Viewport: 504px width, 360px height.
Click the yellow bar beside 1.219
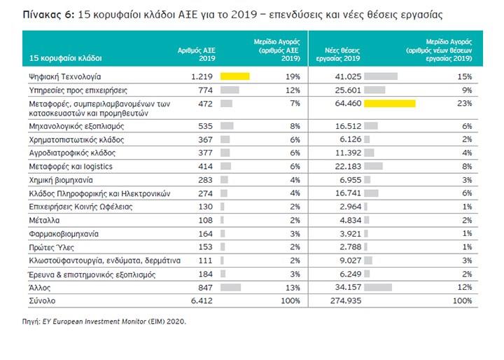point(234,76)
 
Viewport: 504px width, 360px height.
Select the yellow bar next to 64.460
point(390,103)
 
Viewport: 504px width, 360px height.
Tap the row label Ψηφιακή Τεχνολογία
point(65,76)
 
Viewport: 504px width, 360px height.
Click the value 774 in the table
point(205,90)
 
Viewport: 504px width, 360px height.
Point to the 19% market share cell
point(293,76)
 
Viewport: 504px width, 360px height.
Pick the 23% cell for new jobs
point(465,103)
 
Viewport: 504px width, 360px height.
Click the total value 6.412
point(202,300)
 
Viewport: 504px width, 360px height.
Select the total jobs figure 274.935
point(346,300)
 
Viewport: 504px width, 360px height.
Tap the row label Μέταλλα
point(44,221)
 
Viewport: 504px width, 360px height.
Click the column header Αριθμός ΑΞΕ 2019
point(197,55)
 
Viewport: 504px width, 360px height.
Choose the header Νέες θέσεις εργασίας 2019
point(338,55)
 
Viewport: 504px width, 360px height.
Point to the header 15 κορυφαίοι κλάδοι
point(66,58)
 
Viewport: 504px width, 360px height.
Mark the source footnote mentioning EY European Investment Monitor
point(104,321)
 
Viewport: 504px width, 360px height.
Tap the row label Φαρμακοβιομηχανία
point(64,234)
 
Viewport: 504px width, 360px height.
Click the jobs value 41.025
point(348,76)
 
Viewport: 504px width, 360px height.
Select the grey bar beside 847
point(230,287)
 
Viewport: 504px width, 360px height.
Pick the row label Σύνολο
point(42,300)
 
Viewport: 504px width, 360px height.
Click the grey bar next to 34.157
point(378,287)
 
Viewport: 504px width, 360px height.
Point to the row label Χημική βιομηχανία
point(61,180)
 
